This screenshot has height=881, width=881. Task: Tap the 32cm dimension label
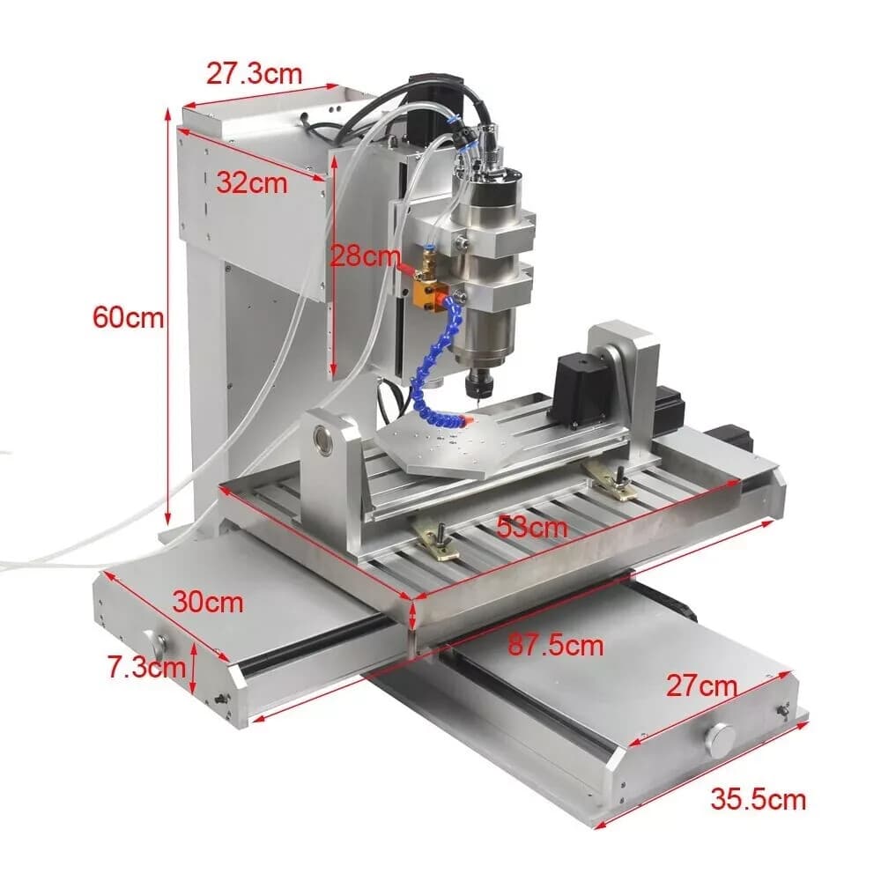(252, 183)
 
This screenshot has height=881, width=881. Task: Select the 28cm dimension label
(365, 256)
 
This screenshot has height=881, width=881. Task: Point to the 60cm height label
(129, 317)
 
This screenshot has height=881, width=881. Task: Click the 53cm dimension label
(531, 528)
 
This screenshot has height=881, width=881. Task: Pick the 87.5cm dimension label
(556, 645)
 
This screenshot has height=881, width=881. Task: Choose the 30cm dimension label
(208, 603)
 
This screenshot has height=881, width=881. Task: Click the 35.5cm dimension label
(759, 800)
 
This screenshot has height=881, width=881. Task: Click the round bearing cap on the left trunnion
(325, 440)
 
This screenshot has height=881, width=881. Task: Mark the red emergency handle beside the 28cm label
(405, 263)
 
